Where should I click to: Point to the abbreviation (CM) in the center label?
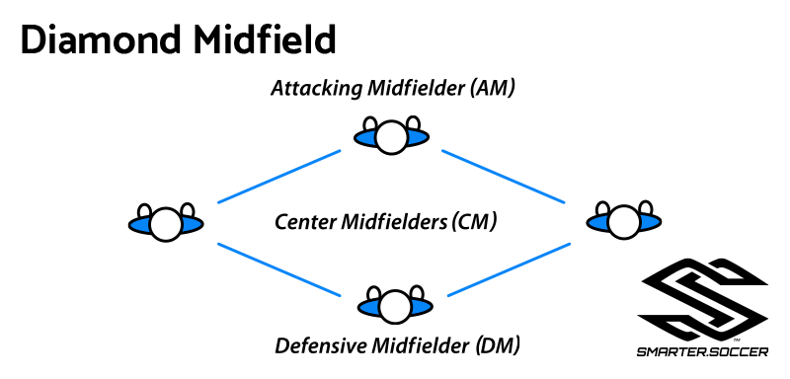[x=473, y=222]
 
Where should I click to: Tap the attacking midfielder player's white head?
[x=393, y=138]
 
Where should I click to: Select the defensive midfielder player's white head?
[x=394, y=308]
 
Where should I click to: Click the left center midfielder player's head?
[x=166, y=225]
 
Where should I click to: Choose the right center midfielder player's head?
[x=621, y=223]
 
